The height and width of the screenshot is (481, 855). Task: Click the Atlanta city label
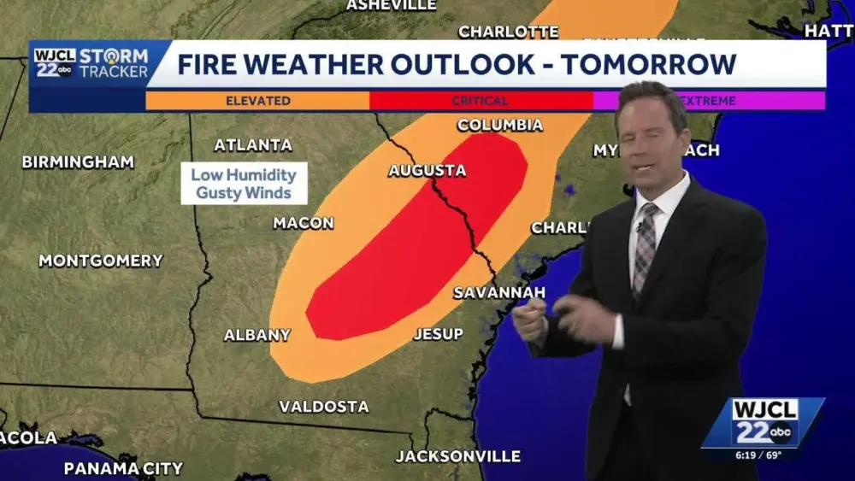tap(252, 145)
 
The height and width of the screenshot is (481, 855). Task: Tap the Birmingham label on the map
tap(78, 162)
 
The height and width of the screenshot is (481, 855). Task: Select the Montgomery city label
tap(101, 261)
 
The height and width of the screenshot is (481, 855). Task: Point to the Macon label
tap(303, 223)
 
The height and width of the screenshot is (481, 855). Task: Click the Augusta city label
tap(427, 171)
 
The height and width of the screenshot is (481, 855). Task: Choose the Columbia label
tap(499, 126)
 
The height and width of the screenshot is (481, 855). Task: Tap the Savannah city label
tap(498, 293)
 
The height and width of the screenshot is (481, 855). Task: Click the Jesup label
tap(438, 334)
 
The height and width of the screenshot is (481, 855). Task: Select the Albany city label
tap(256, 335)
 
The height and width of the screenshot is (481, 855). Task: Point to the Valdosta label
tap(324, 407)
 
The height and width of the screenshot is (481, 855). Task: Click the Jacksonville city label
tap(457, 456)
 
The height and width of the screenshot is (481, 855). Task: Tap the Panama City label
tap(123, 468)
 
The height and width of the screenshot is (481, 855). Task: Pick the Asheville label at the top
tap(391, 5)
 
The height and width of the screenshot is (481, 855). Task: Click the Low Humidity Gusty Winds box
tap(244, 184)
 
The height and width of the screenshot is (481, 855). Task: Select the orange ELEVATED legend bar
tap(257, 101)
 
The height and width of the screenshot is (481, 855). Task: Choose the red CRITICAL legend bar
tap(481, 101)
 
